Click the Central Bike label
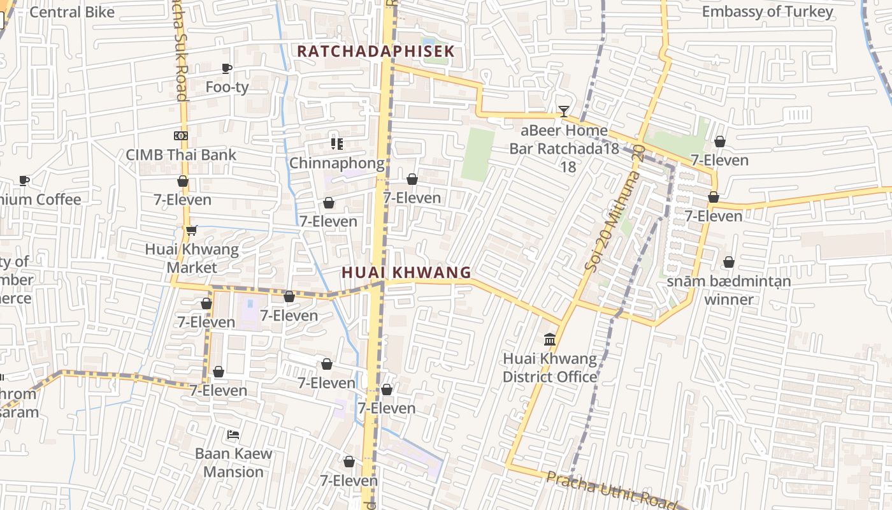[72, 12]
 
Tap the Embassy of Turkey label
[767, 12]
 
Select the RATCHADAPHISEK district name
[376, 51]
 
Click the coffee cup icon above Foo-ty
[226, 69]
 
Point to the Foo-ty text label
[227, 87]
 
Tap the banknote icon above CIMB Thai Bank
[181, 136]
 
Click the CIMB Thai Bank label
[181, 155]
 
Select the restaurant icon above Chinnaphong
[336, 144]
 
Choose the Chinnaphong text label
[337, 163]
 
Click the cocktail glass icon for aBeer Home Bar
[563, 112]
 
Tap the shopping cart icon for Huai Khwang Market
[191, 230]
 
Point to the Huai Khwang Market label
[192, 258]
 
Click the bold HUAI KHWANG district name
[406, 273]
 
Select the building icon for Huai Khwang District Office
[550, 340]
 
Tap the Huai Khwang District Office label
[550, 368]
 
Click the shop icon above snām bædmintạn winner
[728, 262]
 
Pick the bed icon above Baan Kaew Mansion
[233, 435]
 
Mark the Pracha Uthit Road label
[610, 490]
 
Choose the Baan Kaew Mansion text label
[233, 463]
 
